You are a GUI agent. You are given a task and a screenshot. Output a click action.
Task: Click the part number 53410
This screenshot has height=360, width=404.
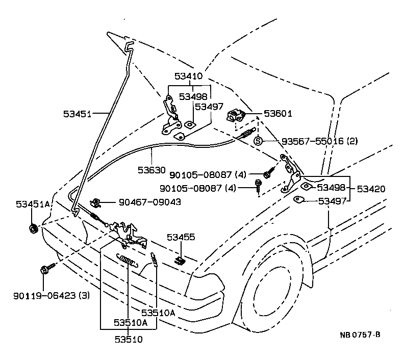pos(189,76)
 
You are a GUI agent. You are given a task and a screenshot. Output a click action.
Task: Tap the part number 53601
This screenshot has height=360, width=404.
pos(278,114)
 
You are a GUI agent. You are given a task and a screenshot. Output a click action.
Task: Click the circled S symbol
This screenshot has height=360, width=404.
pos(258,141)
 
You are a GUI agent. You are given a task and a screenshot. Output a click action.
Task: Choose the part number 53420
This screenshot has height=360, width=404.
pos(371,189)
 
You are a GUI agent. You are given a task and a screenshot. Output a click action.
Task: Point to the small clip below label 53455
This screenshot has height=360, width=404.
pos(179,260)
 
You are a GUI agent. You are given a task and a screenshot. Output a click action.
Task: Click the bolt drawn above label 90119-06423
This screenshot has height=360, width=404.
pos(44,269)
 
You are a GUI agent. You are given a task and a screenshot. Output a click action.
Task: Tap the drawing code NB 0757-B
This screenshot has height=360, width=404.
pos(360,335)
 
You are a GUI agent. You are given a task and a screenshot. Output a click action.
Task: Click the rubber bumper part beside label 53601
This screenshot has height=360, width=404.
pos(236,115)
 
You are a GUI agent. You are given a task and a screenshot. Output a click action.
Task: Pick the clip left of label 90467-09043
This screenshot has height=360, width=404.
pos(95,202)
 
